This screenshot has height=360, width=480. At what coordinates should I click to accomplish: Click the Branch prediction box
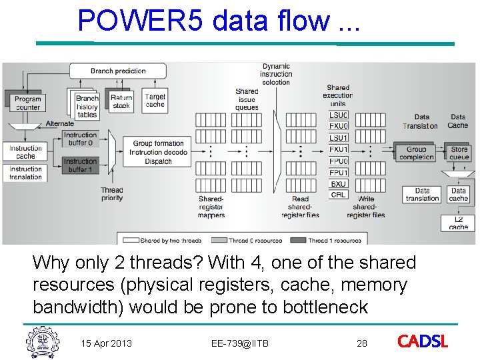(x=118, y=71)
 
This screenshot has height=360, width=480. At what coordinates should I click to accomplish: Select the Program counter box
(x=27, y=103)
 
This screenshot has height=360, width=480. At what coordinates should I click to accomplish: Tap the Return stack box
(x=121, y=101)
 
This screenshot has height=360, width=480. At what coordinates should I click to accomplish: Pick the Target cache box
(x=155, y=101)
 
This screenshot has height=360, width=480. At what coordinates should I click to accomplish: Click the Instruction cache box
(x=26, y=152)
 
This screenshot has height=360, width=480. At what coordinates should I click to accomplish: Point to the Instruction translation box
(x=26, y=173)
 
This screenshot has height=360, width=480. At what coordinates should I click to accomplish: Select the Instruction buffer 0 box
(x=81, y=139)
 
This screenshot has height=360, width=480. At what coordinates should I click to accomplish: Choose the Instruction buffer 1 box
(x=81, y=165)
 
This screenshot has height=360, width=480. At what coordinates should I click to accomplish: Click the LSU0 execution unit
(x=339, y=115)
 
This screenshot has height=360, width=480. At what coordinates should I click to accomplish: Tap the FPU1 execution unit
(x=339, y=173)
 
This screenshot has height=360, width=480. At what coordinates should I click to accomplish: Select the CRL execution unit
(x=339, y=195)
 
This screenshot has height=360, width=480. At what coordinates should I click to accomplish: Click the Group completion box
(x=416, y=153)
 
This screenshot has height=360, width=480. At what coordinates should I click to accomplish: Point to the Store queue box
(x=459, y=153)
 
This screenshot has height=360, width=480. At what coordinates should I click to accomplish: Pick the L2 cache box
(x=459, y=223)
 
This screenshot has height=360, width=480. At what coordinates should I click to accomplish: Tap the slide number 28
(x=362, y=343)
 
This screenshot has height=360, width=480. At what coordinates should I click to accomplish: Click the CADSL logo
(x=423, y=342)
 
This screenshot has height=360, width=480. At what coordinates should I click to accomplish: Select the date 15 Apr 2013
(x=107, y=343)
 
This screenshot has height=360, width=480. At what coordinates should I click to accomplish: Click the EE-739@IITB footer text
(x=240, y=343)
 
